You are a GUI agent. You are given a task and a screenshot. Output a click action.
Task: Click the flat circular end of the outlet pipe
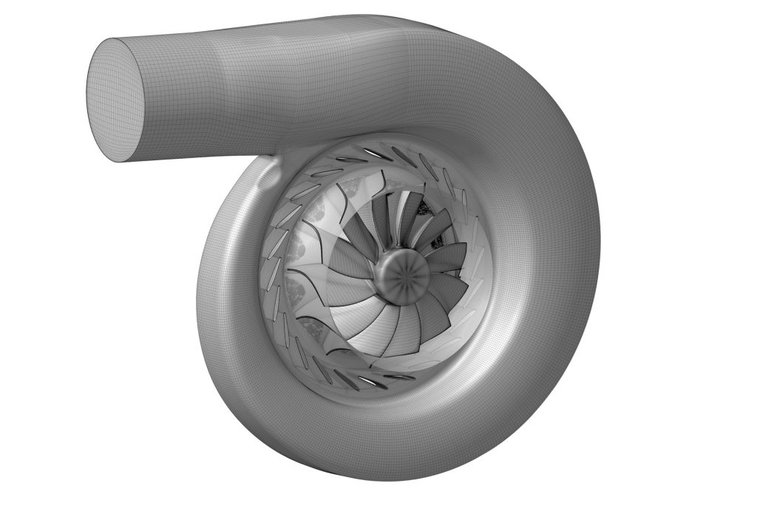click(x=116, y=99)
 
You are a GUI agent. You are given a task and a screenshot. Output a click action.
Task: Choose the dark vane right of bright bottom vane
click(x=400, y=377)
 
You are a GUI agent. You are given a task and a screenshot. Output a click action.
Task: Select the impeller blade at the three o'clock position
click(x=449, y=258)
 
